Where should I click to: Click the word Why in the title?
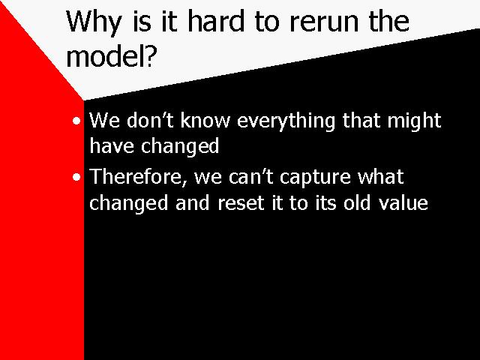tap(94, 22)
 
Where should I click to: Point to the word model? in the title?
tap(112, 56)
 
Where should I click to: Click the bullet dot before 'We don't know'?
tap(76, 121)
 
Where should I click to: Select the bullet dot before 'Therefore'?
tap(76, 177)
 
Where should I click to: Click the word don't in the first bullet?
tap(150, 120)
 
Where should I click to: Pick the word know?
tap(205, 120)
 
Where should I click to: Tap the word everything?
tap(286, 121)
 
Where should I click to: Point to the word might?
tap(414, 121)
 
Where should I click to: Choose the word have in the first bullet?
tap(112, 145)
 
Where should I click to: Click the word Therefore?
tap(138, 177)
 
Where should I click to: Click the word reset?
tap(241, 203)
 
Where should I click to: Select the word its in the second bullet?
tap(325, 202)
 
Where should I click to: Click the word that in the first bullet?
tap(361, 120)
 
